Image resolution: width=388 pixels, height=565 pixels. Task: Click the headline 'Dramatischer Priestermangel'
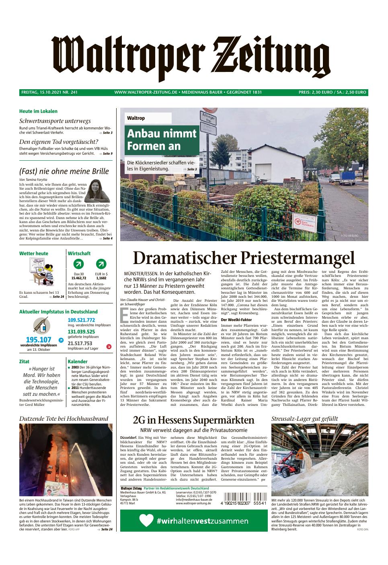244,258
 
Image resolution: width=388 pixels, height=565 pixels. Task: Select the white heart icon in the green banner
146,521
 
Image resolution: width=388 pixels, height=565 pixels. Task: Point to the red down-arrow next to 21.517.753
109,346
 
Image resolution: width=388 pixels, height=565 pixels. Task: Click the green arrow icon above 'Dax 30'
79,264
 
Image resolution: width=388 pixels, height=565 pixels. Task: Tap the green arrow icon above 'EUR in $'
101,264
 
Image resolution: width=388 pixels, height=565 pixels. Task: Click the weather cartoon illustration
41,272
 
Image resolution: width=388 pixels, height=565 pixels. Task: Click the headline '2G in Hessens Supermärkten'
193,420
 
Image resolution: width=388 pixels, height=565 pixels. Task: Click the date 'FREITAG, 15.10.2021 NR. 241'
49,92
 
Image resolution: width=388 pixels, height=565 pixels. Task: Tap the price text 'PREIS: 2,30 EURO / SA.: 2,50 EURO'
333,92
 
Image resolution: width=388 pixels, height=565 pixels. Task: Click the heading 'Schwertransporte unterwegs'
55,121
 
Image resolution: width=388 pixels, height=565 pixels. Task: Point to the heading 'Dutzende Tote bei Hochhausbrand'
64,418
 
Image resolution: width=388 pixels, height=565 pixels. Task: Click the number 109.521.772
81,320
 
